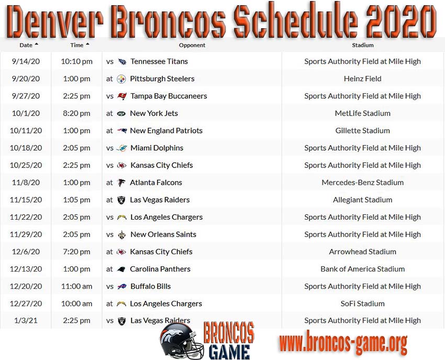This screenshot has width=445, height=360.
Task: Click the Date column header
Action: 26,45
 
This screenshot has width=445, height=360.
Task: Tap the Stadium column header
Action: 363,45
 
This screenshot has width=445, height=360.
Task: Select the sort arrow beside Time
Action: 87,44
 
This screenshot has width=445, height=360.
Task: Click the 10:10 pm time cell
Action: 76,61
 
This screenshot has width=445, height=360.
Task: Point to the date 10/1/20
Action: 26,113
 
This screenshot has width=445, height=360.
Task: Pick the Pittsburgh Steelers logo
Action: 121,79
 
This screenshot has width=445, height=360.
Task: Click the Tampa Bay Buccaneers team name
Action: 169,96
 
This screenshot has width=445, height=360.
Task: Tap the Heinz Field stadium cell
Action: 362,78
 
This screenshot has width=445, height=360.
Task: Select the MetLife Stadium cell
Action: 362,113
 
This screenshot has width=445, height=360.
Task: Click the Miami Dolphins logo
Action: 122,148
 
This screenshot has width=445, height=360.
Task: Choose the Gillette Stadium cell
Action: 362,130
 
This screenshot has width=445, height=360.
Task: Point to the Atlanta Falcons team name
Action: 156,183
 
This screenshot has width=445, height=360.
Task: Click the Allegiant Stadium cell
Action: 362,200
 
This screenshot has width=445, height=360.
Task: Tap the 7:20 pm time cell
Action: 76,252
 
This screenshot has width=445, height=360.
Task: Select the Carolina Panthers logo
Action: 121,269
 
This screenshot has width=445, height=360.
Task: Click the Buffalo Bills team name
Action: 150,286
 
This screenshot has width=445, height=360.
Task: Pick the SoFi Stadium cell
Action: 362,303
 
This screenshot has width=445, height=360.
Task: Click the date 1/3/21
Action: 26,321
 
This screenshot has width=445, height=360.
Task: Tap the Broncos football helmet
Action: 181,341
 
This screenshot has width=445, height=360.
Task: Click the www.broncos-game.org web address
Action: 343,342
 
